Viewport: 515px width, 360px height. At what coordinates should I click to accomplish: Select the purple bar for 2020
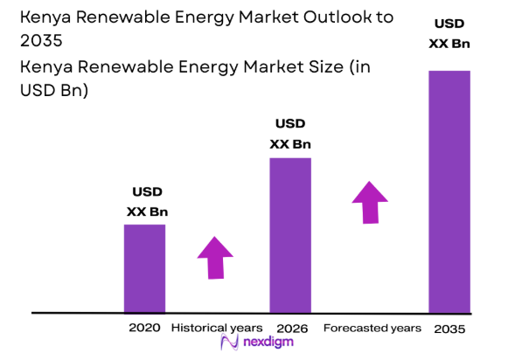click(x=144, y=268)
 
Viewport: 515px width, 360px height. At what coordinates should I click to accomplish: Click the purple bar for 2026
click(x=289, y=235)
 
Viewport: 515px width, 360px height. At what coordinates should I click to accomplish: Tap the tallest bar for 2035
click(x=449, y=191)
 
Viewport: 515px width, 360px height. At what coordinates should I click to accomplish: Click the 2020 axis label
click(x=144, y=328)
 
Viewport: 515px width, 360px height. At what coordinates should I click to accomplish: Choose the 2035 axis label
click(x=449, y=329)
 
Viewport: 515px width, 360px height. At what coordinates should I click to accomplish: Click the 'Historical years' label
click(x=216, y=328)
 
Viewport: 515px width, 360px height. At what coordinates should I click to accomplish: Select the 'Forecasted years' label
click(x=372, y=328)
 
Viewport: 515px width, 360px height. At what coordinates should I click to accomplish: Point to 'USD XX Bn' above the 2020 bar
click(x=147, y=202)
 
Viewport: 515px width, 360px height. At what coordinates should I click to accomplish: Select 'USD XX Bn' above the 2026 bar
click(x=290, y=134)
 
